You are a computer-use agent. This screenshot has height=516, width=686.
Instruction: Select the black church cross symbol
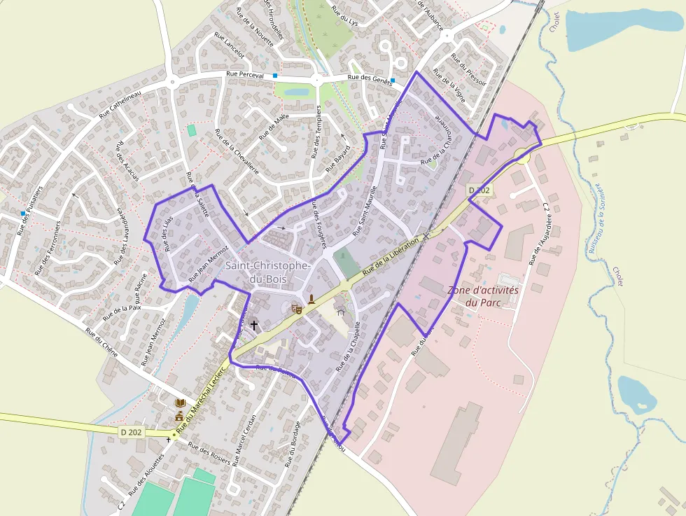[253, 326]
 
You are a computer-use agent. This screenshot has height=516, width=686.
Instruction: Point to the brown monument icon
[311, 300]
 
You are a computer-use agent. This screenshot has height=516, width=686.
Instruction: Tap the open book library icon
[181, 403]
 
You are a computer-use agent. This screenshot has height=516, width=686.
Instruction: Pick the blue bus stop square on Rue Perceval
[276, 75]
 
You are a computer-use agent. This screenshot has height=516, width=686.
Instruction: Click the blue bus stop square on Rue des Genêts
[393, 81]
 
